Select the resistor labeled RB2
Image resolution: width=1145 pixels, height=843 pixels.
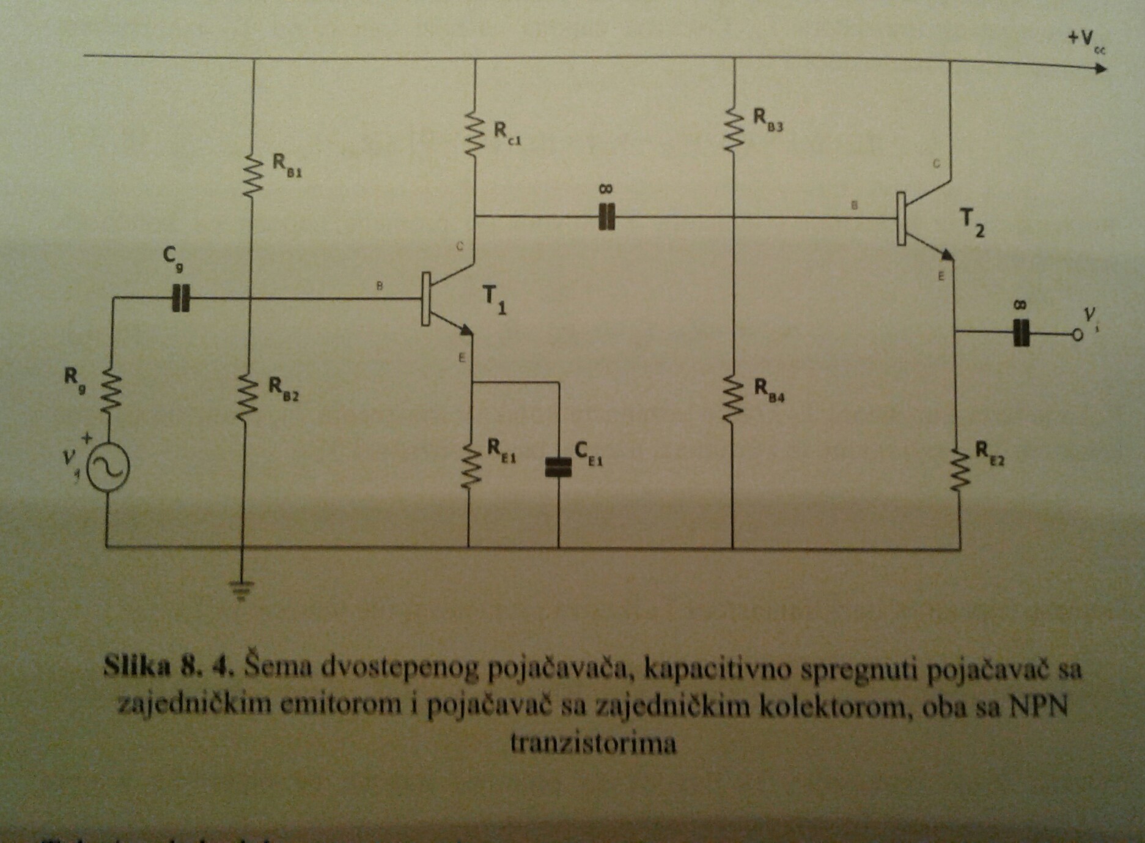tap(247, 398)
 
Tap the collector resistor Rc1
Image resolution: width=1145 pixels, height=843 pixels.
tap(474, 133)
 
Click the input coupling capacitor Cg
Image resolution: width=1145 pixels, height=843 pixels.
tap(181, 299)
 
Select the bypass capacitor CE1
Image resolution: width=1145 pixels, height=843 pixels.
tap(558, 467)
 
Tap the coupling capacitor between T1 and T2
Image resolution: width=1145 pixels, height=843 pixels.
tap(606, 217)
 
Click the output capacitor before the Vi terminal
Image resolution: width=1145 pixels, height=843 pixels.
tap(1021, 333)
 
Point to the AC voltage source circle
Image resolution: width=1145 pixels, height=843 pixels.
tap(108, 468)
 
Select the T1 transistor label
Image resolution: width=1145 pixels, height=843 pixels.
tap(495, 300)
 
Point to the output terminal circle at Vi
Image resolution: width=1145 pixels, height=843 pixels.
tap(1077, 334)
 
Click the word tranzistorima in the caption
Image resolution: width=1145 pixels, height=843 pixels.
tap(593, 743)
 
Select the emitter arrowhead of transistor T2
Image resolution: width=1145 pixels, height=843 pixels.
tap(947, 253)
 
